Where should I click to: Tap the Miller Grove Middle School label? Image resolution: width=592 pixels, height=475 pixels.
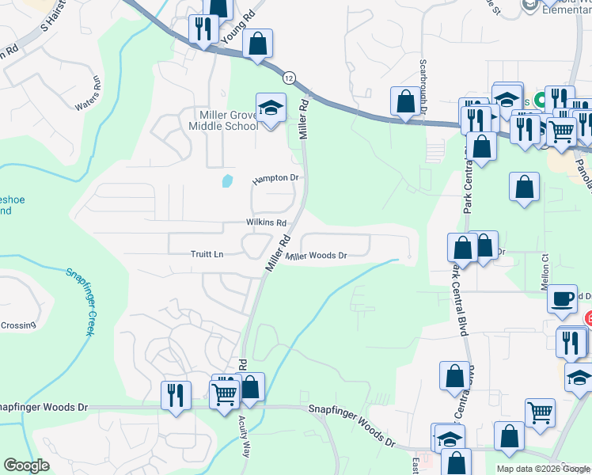pyautogui.click(x=218, y=120)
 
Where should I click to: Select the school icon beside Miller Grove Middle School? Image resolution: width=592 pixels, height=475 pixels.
pyautogui.click(x=271, y=108)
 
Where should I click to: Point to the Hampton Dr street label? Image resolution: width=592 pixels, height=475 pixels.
pyautogui.click(x=275, y=180)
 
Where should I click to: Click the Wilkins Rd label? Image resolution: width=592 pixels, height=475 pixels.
pyautogui.click(x=265, y=223)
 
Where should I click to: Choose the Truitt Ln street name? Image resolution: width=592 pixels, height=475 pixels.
pyautogui.click(x=207, y=254)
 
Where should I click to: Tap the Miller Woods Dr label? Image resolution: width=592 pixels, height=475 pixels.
pyautogui.click(x=317, y=256)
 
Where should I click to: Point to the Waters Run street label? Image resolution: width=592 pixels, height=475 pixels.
pyautogui.click(x=88, y=96)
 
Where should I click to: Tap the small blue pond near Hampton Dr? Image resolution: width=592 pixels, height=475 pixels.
pyautogui.click(x=228, y=181)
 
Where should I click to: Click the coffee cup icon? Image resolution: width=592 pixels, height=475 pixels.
pyautogui.click(x=562, y=298)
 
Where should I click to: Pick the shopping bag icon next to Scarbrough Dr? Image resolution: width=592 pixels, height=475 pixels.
pyautogui.click(x=405, y=101)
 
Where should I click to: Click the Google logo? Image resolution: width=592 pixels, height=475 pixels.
pyautogui.click(x=27, y=465)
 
